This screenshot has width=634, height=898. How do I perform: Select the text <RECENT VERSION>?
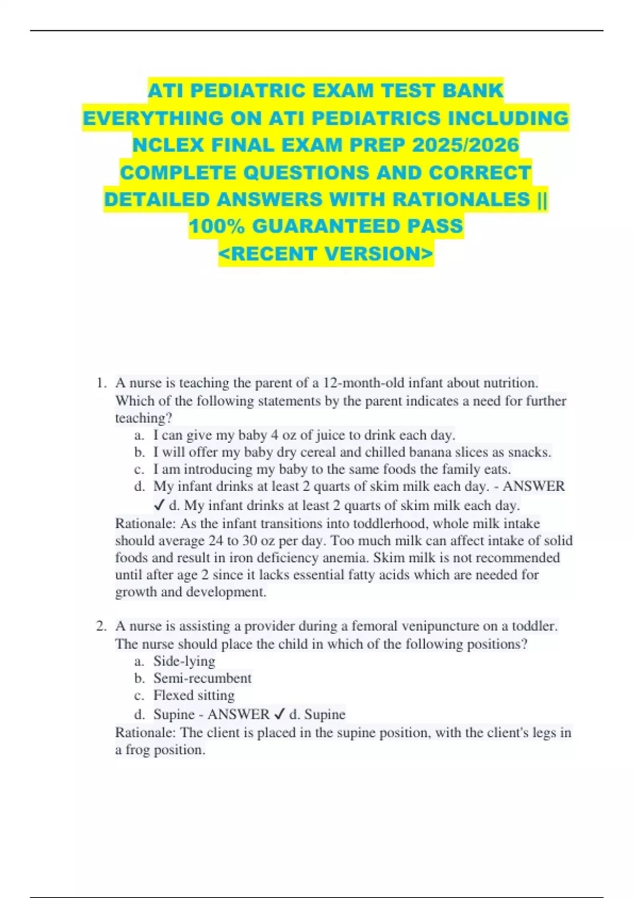coord(326,254)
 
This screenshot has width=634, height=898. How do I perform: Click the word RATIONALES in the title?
coord(462,199)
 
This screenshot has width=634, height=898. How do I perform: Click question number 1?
coord(101,383)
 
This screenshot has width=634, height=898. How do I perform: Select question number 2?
coord(101,626)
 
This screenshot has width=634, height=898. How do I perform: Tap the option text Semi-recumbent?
coord(202,678)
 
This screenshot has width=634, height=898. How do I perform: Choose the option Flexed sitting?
coord(194,695)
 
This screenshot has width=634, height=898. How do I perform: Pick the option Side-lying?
coord(184,661)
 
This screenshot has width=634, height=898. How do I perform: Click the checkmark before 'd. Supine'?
coord(279,715)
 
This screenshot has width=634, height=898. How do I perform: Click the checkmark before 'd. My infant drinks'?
coord(160,506)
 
